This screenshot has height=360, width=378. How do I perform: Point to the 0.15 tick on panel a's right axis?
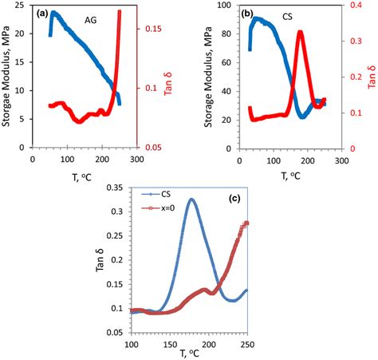tap(152, 29)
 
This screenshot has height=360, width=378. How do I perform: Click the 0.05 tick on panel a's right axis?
tap(152, 148)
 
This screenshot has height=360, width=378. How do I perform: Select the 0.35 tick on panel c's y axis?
tap(115, 188)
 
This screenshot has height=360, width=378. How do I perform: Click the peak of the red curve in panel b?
tap(301, 32)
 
